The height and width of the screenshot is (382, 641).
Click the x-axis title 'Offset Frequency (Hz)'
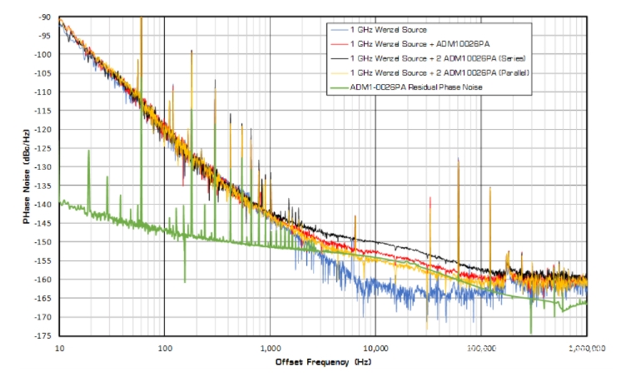click(323, 363)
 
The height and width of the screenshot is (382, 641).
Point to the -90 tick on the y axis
click(43, 17)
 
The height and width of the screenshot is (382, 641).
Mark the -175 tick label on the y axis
click(42, 336)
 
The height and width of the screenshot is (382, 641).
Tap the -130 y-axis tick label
click(42, 167)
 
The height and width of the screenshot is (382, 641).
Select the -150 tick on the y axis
click(42, 242)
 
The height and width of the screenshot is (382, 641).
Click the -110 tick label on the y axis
click(42, 92)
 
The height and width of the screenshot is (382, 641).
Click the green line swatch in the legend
click(337, 87)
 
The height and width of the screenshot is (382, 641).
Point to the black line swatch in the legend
click(337, 57)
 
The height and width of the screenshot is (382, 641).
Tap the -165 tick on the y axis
click(42, 299)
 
